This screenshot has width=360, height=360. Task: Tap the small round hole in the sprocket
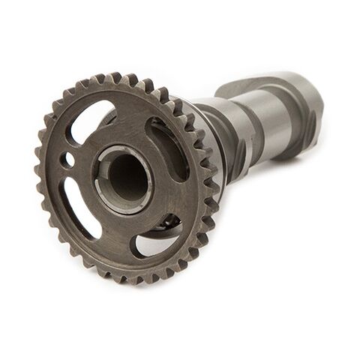(69, 160)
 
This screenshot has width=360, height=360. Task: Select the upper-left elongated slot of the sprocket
(88, 120)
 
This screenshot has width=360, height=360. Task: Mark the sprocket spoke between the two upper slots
(127, 112)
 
